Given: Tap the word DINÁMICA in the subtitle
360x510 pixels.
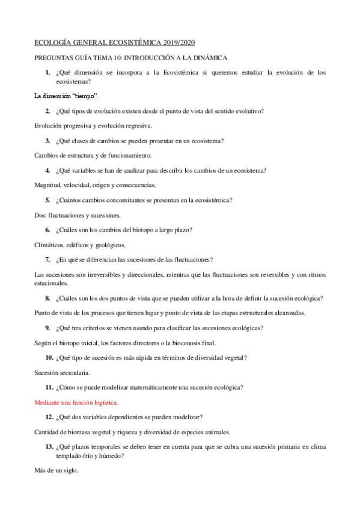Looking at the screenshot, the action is point(206,57).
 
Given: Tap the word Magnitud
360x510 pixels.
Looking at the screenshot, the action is point(47,185).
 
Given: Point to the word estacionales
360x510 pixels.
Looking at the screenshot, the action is point(51,283).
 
